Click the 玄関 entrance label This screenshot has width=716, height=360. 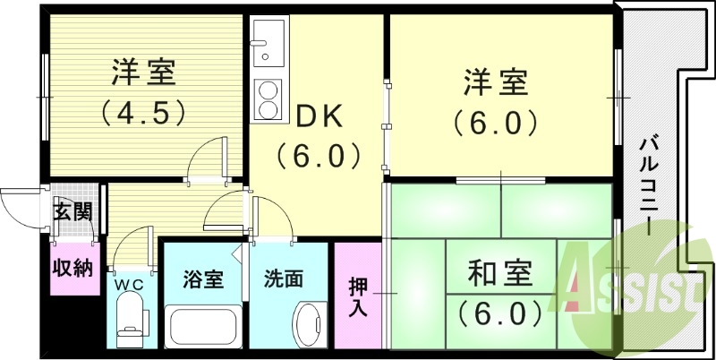72,212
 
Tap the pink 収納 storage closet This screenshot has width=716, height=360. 72,268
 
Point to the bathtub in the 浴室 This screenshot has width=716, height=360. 202,326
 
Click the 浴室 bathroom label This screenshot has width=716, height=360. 202,279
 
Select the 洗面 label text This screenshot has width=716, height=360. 283,279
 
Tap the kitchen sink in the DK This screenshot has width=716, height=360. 266,45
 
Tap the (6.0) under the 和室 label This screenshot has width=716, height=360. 500,313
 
